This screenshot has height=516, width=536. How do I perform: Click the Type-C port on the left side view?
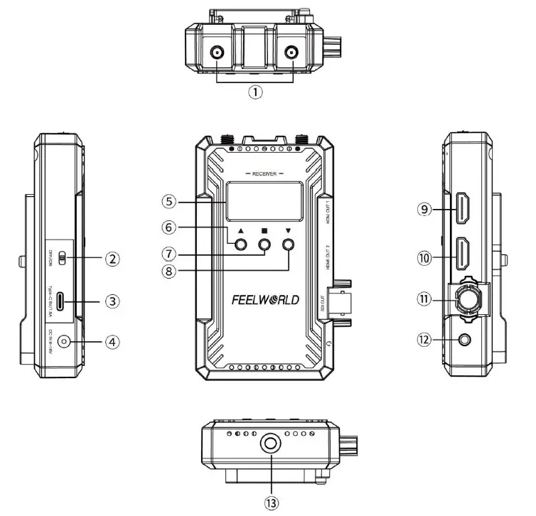coord(63,301)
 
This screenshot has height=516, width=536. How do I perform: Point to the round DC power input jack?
coord(65,342)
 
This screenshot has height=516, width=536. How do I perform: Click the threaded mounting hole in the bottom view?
coord(271,446)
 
